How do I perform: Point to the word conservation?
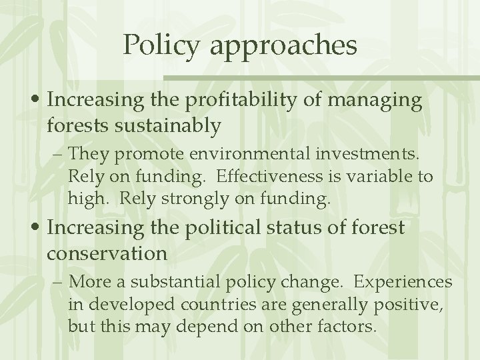click(108, 253)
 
